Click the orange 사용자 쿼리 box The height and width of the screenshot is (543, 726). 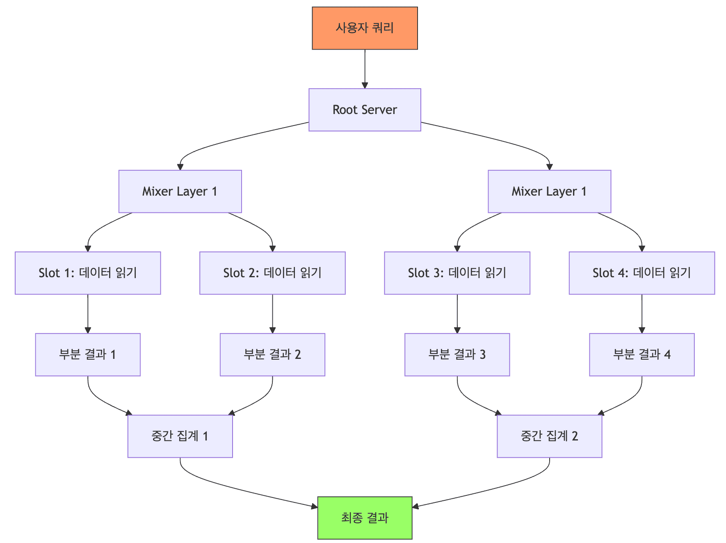(365, 28)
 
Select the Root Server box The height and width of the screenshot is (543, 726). (365, 110)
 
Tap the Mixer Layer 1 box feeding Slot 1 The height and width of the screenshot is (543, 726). (180, 192)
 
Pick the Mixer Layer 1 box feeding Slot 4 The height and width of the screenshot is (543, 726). (549, 192)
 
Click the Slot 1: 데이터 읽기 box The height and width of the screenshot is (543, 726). (88, 273)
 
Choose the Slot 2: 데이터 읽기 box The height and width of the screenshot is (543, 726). (272, 273)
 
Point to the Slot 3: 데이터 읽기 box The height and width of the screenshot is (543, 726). (457, 273)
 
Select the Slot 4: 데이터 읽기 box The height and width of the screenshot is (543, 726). (642, 273)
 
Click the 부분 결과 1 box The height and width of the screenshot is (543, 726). (88, 355)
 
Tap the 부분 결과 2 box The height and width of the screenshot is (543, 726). (272, 355)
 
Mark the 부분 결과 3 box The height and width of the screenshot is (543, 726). (457, 355)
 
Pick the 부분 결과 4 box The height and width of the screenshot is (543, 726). (642, 355)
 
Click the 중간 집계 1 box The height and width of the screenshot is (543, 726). (180, 436)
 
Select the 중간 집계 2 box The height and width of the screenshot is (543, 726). (549, 436)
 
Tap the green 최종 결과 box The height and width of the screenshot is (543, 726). (365, 518)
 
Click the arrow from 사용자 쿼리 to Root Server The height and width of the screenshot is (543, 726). (365, 69)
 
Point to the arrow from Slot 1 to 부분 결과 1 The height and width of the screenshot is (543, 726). (88, 314)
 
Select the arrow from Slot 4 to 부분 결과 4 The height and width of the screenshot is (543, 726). (642, 314)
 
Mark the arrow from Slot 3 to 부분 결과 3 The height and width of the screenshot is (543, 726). (457, 314)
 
